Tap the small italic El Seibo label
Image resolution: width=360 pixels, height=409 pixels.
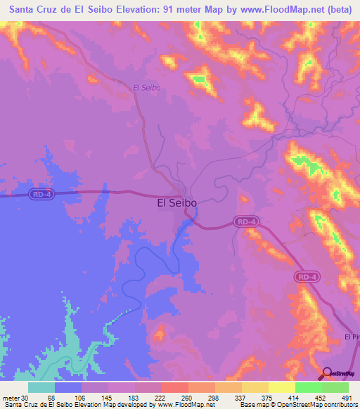click(147, 88)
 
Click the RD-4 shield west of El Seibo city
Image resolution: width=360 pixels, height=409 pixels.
click(42, 195)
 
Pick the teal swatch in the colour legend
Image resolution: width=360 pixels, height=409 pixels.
click(41, 387)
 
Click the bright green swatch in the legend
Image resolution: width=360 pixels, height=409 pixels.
click(308, 387)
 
